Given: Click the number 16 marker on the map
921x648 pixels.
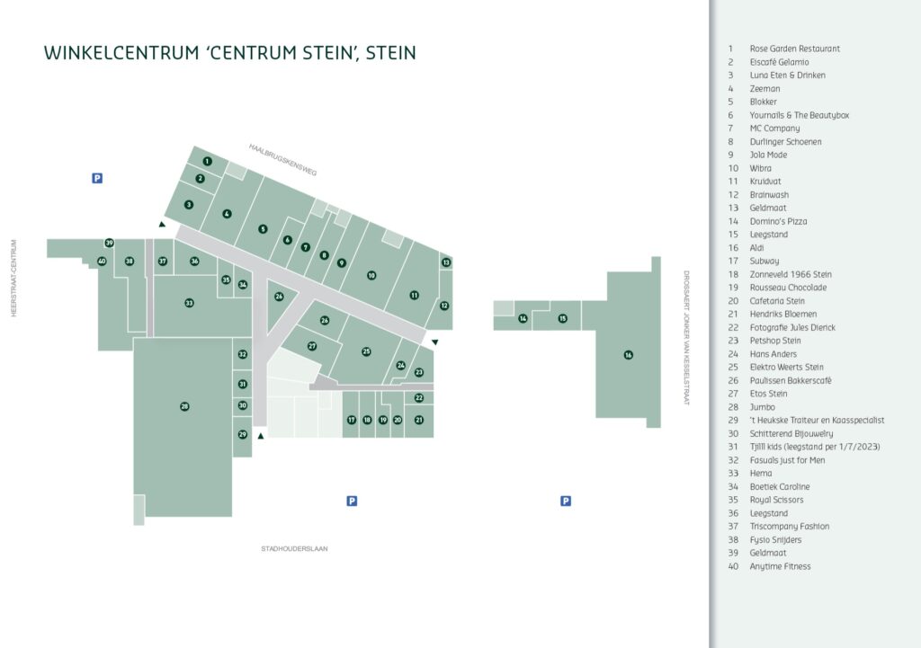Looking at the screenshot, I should (x=629, y=355).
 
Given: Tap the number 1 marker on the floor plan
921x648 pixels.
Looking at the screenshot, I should (x=207, y=162).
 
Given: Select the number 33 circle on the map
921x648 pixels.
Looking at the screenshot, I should (x=189, y=303).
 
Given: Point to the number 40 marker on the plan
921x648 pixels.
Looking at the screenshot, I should (x=102, y=262).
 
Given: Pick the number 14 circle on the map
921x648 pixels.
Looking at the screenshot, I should (x=523, y=318).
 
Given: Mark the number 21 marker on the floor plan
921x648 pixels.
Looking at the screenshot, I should (x=419, y=420).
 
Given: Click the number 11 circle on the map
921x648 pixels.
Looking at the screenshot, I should (x=414, y=295).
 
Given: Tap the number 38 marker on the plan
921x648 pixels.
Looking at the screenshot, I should (x=130, y=262).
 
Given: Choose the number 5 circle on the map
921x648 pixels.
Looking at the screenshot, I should (x=263, y=229).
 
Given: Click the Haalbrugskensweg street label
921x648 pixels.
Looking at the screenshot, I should (x=283, y=159).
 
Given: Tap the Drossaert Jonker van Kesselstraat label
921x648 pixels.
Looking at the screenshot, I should (x=685, y=338).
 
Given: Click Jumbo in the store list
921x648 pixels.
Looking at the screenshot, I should (x=763, y=407).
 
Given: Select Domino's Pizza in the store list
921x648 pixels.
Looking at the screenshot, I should (x=778, y=221).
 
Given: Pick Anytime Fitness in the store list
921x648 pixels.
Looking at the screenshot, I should (x=780, y=566).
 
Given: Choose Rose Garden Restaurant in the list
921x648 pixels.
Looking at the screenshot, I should (x=795, y=49).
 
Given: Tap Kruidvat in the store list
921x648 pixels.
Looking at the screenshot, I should (x=765, y=182).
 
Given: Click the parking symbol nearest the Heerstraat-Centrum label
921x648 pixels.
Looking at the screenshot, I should (x=97, y=178).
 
